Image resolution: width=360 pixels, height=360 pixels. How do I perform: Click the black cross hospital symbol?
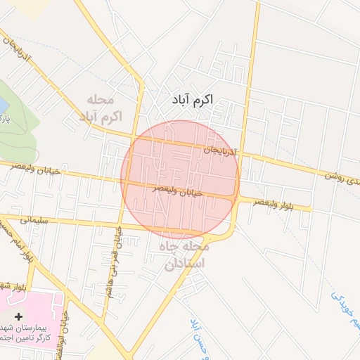(x=18, y=318)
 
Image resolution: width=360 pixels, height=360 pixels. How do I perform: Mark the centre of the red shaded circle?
(x=181, y=179)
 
